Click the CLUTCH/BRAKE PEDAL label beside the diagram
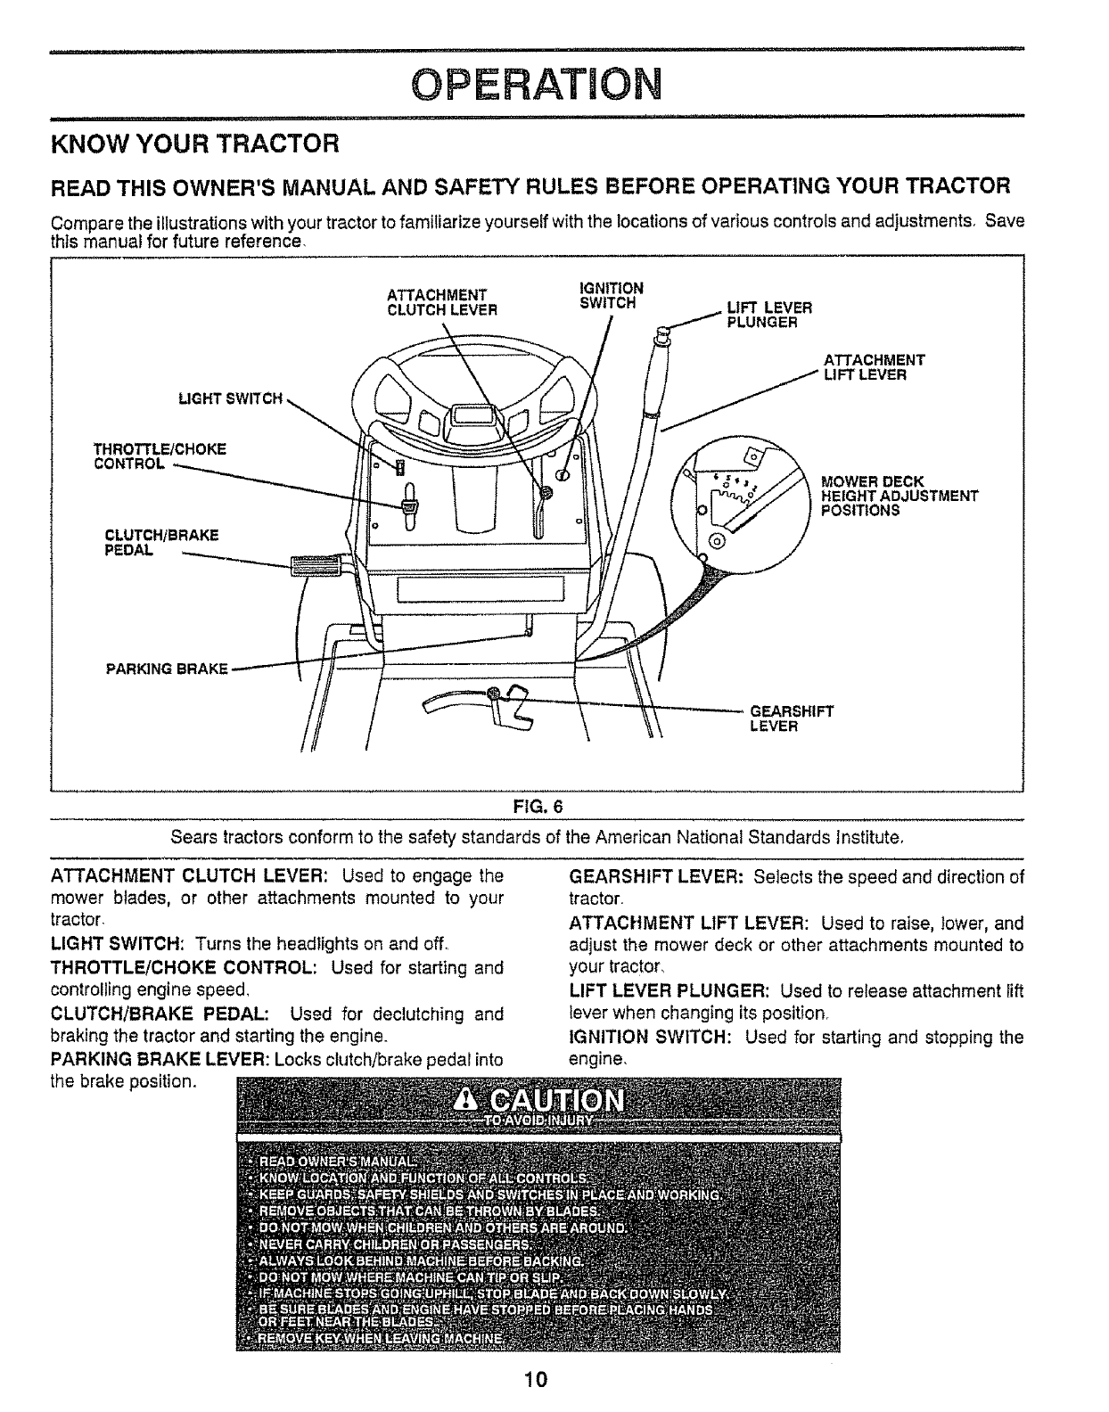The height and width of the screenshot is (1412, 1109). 161,542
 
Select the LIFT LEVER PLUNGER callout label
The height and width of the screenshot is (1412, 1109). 769,315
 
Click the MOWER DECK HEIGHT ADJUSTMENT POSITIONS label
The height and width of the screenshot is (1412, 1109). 899,497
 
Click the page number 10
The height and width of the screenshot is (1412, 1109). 535,1381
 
